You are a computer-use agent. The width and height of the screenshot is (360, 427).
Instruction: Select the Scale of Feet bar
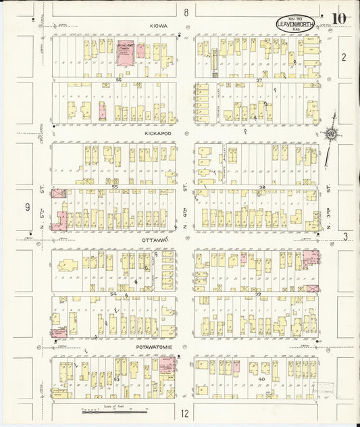coord(113,411)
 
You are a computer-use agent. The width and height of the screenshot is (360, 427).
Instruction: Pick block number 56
coord(118,80)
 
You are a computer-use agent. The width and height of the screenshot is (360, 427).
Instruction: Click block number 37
coord(258,80)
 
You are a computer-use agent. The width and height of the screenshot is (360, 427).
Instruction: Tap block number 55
coord(115,186)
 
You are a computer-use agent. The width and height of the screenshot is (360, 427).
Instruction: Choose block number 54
coord(113,294)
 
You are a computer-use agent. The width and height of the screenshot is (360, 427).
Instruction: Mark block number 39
coord(258,294)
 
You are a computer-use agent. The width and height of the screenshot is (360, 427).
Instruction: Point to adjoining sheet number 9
coord(26,207)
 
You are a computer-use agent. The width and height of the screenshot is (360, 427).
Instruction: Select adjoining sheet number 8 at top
coord(185,11)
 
